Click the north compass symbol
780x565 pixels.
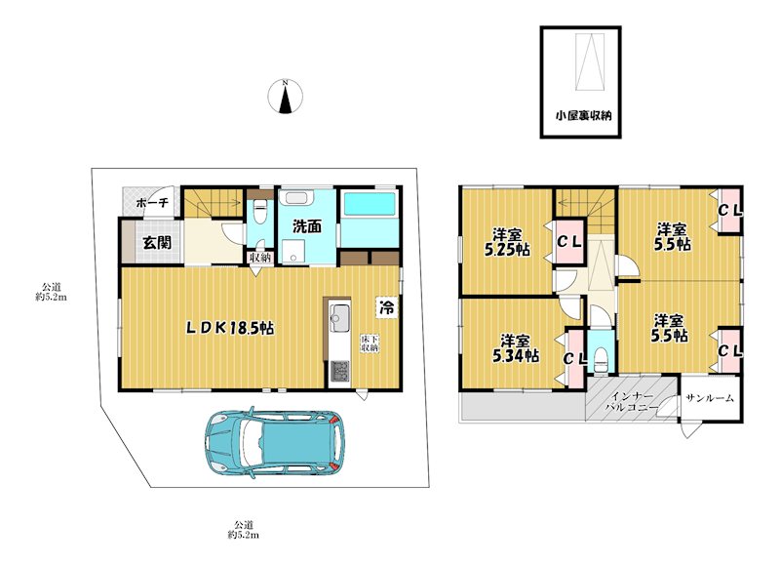(x=286, y=96)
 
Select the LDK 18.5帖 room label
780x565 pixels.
(x=230, y=328)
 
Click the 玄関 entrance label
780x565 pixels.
(x=157, y=242)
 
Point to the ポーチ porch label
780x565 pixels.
(x=152, y=203)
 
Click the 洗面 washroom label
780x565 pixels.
(x=306, y=227)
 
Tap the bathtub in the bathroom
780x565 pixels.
(x=370, y=205)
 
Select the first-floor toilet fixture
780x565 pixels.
(x=258, y=212)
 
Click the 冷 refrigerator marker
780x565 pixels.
(x=386, y=307)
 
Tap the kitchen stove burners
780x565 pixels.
(x=340, y=372)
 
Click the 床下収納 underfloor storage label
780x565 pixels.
(x=370, y=343)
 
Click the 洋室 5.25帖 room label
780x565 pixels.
(x=507, y=242)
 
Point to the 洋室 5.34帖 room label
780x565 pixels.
(x=516, y=348)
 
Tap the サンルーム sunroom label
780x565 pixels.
(x=710, y=398)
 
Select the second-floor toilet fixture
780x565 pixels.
(x=601, y=359)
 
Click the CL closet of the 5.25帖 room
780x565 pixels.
(x=568, y=242)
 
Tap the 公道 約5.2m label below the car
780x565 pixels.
(x=244, y=530)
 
